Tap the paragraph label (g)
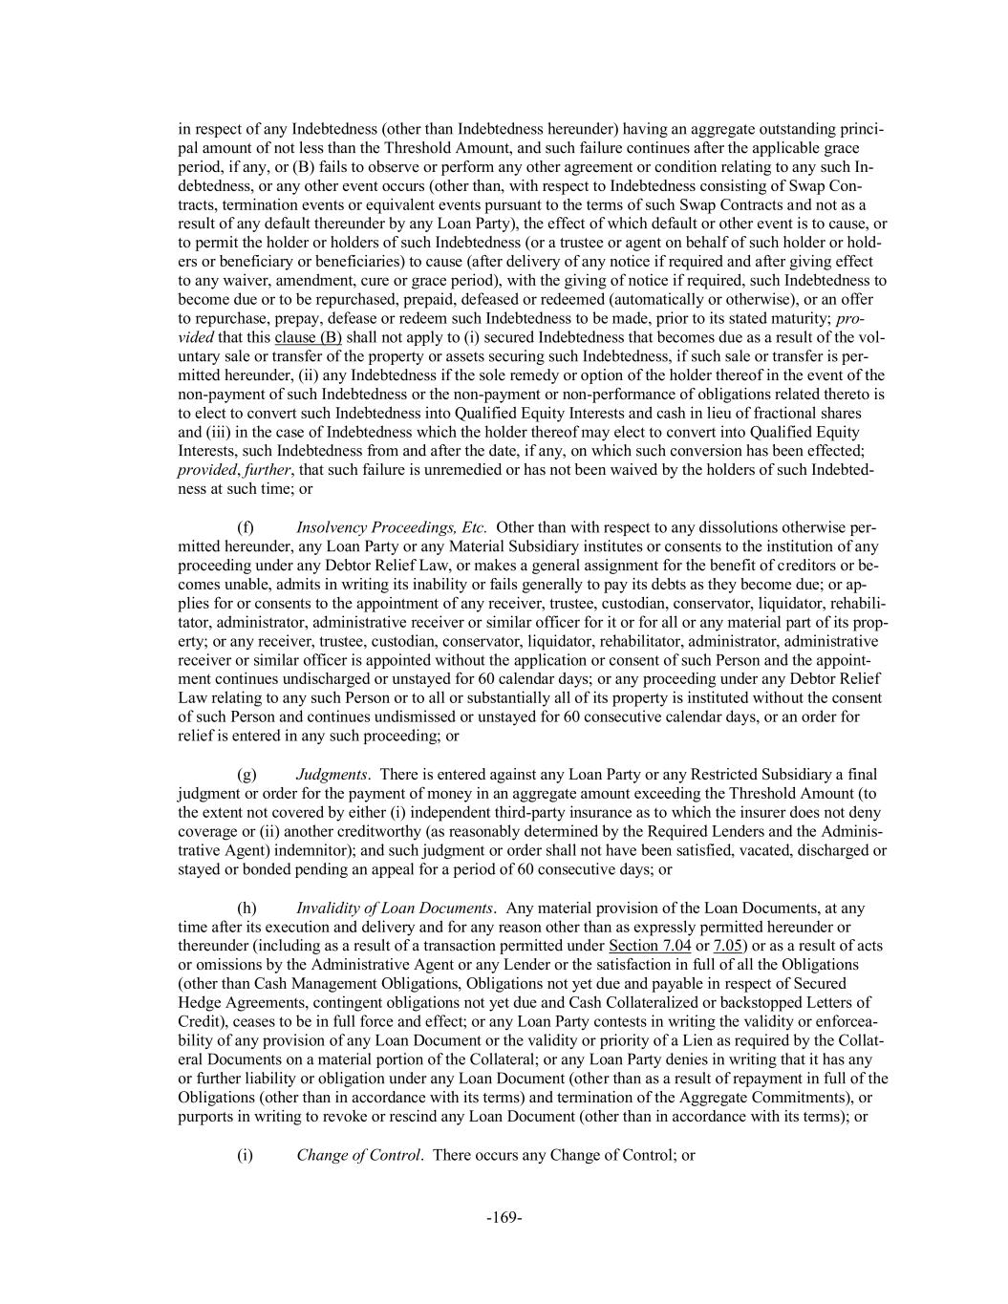[247, 775]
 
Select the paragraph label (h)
[247, 908]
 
